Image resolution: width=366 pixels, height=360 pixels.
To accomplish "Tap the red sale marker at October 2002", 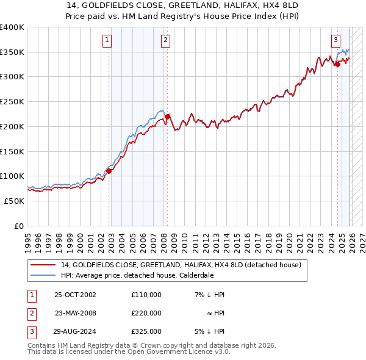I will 109,171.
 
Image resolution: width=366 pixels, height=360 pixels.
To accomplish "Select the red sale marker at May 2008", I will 167,117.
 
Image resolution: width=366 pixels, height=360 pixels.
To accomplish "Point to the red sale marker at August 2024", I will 337,64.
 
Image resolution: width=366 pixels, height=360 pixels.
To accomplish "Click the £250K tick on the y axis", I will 12,102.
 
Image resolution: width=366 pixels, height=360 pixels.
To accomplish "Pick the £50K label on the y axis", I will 13,201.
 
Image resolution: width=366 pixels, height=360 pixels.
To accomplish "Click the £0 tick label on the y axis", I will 18,226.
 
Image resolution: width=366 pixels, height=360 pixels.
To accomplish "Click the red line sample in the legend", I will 43,265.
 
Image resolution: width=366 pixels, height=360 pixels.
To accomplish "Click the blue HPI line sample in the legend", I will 43,275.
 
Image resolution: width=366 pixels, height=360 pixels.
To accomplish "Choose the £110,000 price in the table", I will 146,295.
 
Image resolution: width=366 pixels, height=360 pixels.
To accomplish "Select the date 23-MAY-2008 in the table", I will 76,313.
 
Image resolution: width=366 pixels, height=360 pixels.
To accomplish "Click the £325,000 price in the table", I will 146,331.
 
